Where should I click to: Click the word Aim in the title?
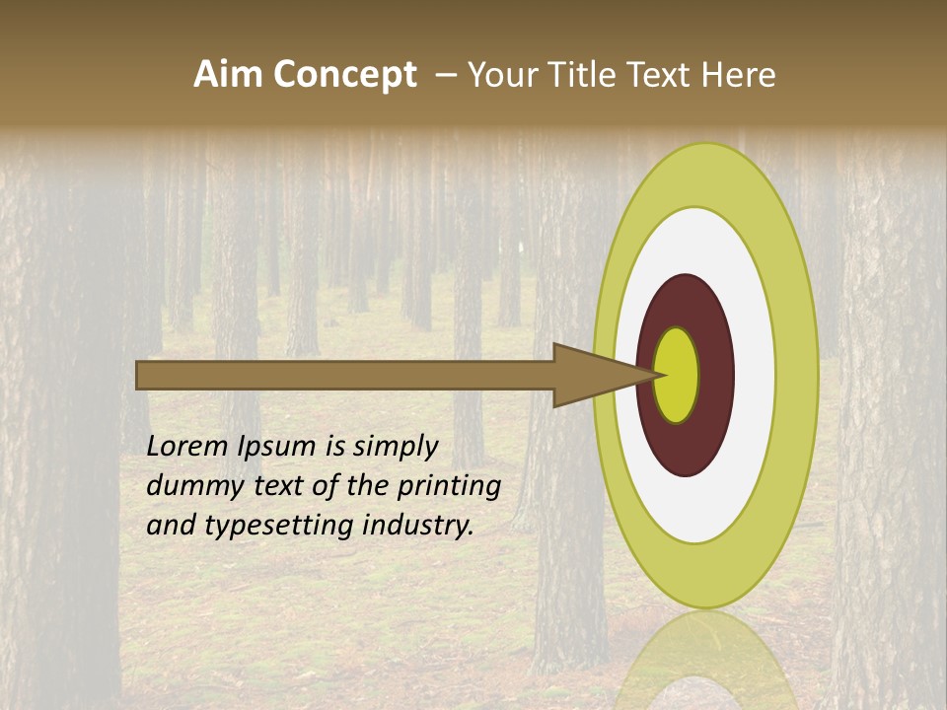tap(228, 75)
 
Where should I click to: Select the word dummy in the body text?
tap(186, 486)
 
